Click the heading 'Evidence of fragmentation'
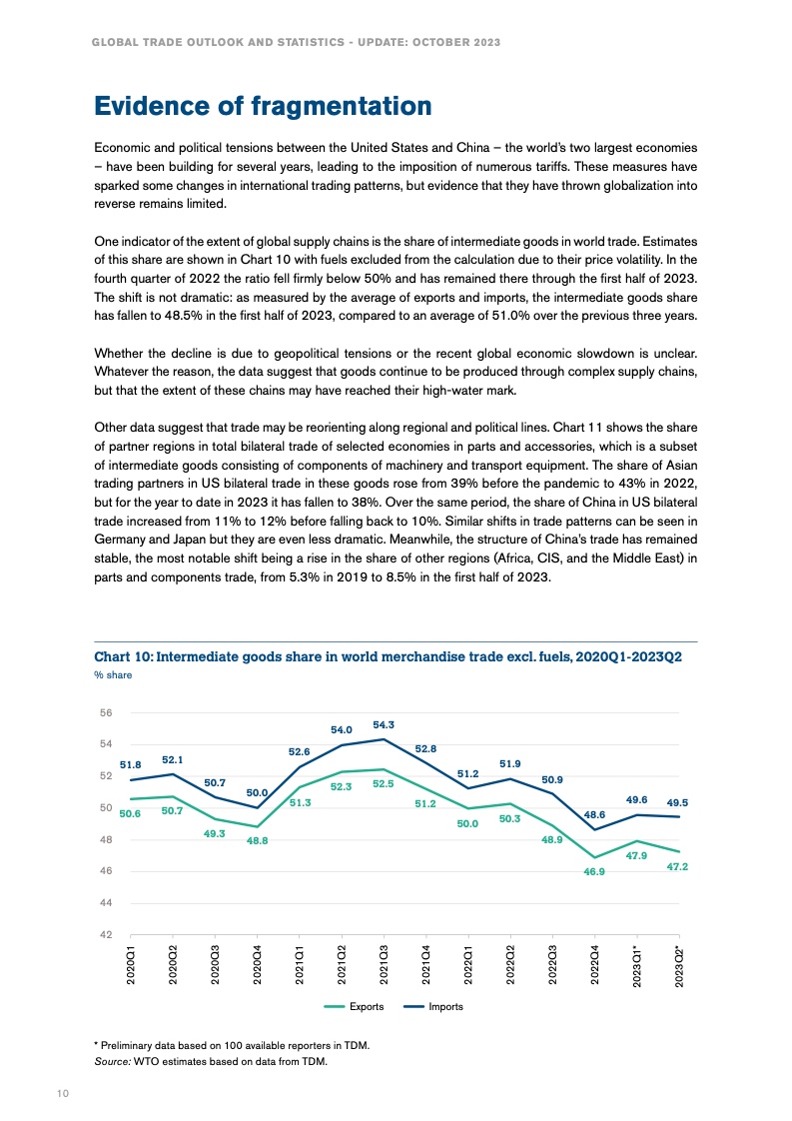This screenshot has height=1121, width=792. pos(263,106)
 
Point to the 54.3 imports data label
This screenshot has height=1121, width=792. pos(383,724)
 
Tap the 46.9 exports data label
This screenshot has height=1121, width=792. pos(595,872)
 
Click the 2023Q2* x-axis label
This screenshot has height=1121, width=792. pos(679,968)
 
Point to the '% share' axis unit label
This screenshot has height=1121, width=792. pos(113,675)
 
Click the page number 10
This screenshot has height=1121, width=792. pos(62,1094)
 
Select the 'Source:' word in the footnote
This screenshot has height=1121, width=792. pos(112,1062)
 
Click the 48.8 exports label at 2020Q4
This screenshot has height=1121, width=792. pos(257,841)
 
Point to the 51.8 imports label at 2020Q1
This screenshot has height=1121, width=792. pos(130,765)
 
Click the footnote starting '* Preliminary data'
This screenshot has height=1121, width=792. pos(232,1046)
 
